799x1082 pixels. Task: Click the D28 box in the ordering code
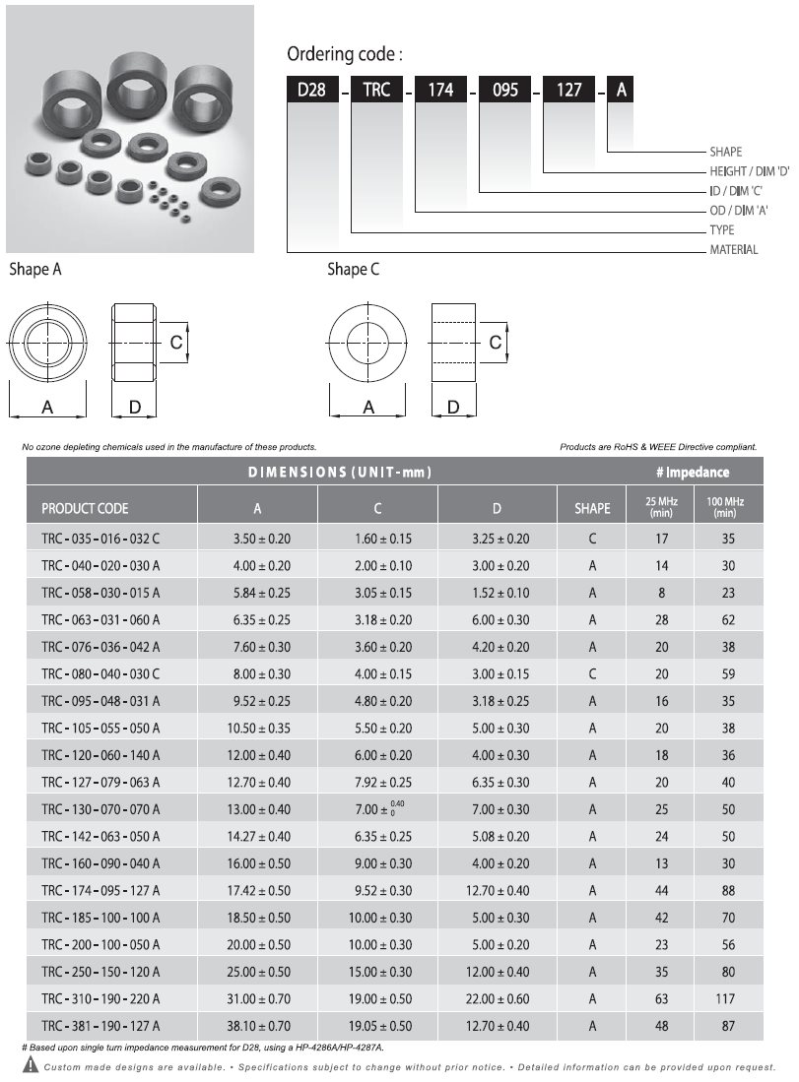coord(312,89)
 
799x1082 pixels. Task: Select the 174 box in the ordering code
coord(440,89)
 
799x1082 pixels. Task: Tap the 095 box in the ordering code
coord(504,89)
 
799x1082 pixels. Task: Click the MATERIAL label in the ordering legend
coord(733,250)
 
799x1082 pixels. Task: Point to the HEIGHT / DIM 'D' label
coord(750,171)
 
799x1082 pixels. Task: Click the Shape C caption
coord(353,269)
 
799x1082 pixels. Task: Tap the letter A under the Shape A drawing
coord(47,408)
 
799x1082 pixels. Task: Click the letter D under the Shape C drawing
coord(453,408)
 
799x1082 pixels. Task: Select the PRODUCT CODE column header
coord(85,509)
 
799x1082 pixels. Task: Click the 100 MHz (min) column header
coord(725,507)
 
